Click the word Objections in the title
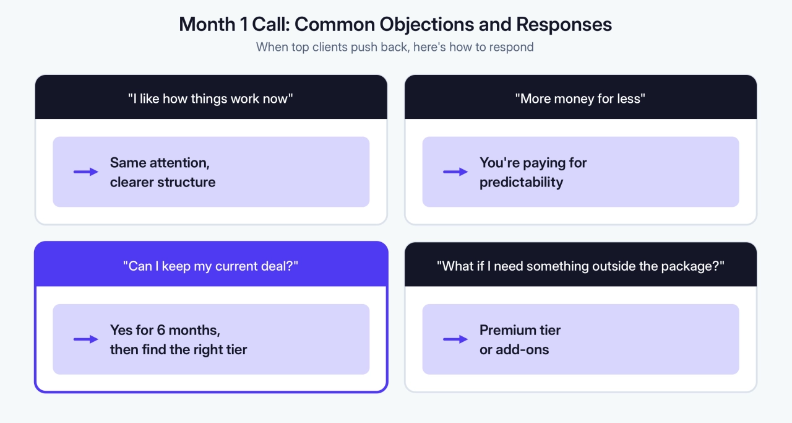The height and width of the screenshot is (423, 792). click(426, 25)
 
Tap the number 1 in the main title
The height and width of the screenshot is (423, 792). click(244, 24)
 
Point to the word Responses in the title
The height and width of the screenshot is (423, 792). click(564, 25)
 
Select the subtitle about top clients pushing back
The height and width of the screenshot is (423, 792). click(395, 47)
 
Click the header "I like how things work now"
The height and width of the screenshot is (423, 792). click(210, 98)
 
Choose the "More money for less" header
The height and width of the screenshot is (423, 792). click(580, 98)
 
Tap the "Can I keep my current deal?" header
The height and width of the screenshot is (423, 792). click(211, 266)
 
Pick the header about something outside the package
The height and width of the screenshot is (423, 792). click(580, 266)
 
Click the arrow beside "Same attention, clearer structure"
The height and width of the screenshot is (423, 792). click(86, 172)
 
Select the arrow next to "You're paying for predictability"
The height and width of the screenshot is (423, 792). click(455, 172)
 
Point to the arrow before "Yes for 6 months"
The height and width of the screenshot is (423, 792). click(86, 339)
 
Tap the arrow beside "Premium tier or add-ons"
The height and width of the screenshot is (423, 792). click(455, 339)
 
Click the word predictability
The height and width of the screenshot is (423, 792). click(521, 183)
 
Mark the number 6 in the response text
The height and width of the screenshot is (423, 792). click(161, 330)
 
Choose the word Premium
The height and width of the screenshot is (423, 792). click(506, 330)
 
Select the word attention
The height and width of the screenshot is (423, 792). click(179, 163)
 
